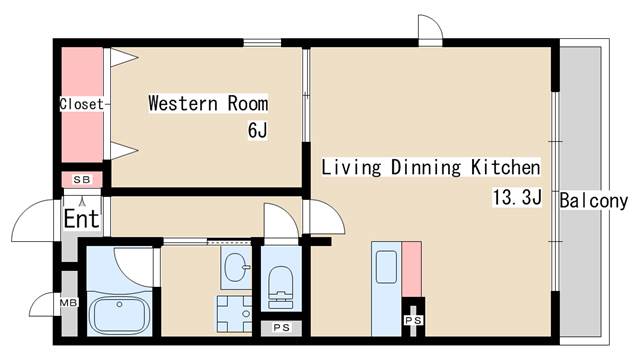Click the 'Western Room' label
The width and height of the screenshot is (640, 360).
tap(208, 103)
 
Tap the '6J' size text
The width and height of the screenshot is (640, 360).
tap(258, 131)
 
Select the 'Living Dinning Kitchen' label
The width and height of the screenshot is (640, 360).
tap(431, 167)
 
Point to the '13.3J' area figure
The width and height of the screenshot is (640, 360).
tap(517, 197)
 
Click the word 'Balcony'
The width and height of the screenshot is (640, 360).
tap(593, 200)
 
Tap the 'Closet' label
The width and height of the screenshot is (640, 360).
tap(82, 104)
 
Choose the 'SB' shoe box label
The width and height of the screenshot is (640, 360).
tap(82, 179)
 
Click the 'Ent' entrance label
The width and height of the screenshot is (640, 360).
tap(82, 218)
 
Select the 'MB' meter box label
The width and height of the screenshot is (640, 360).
tap(69, 303)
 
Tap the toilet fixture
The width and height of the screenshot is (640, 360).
tap(281, 287)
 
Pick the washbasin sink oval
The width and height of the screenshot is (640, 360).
tap(236, 267)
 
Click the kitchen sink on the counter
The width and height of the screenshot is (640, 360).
tap(386, 267)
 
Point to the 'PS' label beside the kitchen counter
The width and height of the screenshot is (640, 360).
tap(413, 320)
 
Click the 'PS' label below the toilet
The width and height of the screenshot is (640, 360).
tap(281, 327)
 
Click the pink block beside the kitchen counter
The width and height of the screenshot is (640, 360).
tap(411, 269)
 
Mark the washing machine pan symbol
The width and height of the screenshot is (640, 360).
tap(235, 313)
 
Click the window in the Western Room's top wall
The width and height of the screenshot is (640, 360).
tap(262, 42)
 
